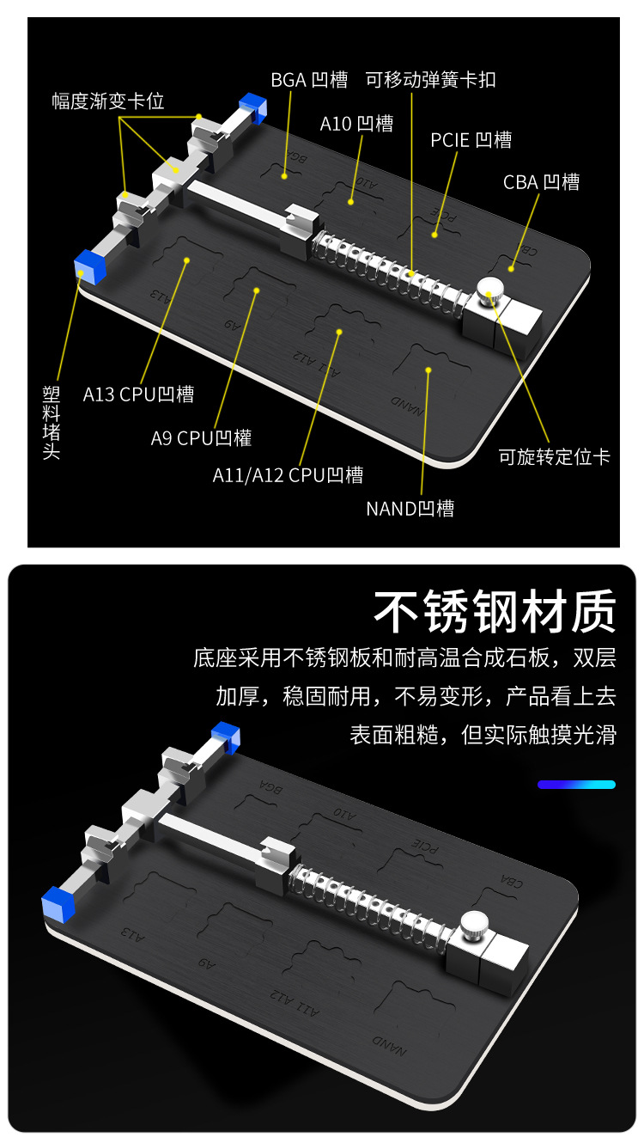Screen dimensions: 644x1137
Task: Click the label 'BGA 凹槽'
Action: pos(309,81)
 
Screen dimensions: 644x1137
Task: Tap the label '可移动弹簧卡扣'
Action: pos(431,81)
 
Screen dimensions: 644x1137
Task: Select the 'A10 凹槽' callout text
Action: pos(356,124)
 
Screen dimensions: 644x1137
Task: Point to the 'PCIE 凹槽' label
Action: pos(471,140)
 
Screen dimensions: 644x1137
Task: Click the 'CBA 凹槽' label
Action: pos(541,182)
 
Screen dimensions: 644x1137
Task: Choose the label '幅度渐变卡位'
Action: pos(107,101)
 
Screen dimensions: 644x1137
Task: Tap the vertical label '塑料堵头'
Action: pos(52,422)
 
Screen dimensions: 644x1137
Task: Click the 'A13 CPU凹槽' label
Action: pos(138,394)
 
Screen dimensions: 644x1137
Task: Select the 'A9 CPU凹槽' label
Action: pos(201,437)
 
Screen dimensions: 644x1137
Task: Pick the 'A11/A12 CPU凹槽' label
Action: pos(288,474)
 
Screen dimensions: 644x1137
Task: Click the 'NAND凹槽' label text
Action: pos(410,508)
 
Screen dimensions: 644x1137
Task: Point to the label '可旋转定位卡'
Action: pos(554,456)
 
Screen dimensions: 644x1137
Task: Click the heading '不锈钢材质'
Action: pos(495,612)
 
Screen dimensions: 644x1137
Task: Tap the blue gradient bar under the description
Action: pos(576,785)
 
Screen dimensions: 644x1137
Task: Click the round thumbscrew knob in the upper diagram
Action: pos(490,292)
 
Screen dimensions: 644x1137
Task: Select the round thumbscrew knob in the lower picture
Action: pos(475,926)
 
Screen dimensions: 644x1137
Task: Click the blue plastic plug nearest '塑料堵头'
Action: pos(88,266)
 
